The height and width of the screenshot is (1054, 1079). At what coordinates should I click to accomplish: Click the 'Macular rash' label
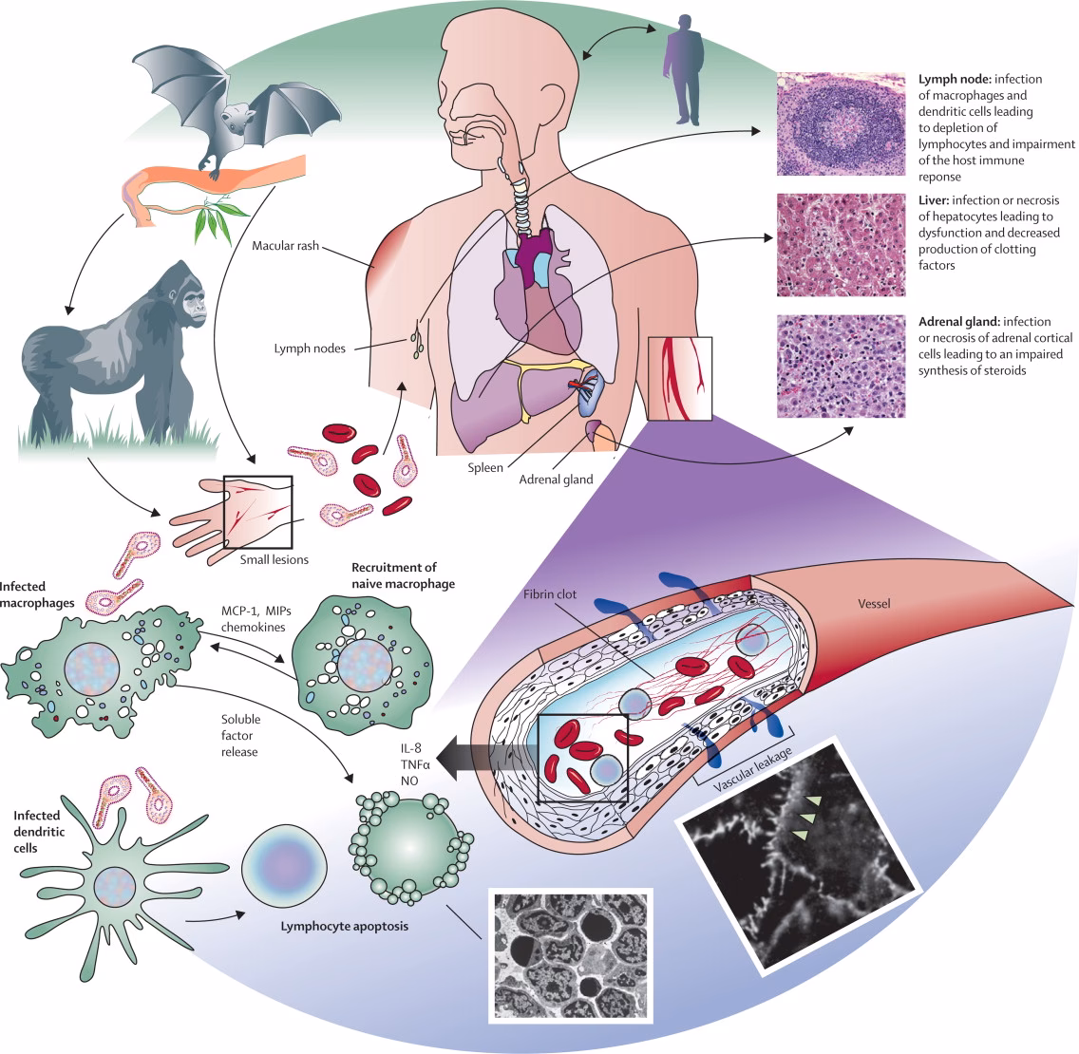(285, 246)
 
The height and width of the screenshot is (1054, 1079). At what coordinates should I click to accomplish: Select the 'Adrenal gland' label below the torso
(556, 480)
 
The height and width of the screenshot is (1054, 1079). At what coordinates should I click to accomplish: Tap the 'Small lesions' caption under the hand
(274, 559)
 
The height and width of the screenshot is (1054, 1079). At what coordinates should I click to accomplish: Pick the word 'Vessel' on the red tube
(874, 603)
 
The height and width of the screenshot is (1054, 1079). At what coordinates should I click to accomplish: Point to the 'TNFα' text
(410, 763)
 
